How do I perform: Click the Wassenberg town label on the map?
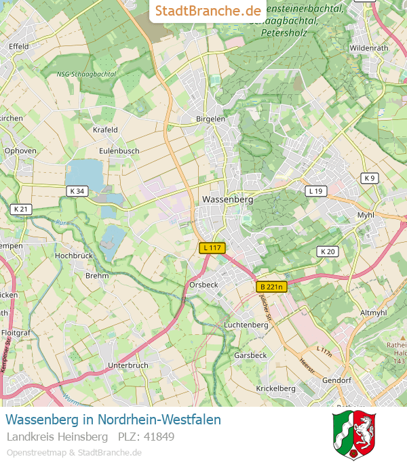tap(227, 200)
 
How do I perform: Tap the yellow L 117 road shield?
tap(212, 248)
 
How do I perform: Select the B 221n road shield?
tap(272, 287)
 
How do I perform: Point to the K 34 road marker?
tap(77, 191)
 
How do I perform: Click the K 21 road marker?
tap(21, 209)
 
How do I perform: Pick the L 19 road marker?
tap(315, 191)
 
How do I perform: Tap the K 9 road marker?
tap(368, 178)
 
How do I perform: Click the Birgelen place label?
tap(210, 119)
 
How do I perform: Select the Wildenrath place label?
tap(369, 48)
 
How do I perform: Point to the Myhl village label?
tap(366, 215)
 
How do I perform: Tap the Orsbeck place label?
tap(204, 285)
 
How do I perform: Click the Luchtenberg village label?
tap(246, 325)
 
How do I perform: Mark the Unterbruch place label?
tap(128, 365)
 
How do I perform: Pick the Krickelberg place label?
tap(275, 388)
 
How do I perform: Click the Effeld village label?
tap(18, 46)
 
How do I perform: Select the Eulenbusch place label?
tap(119, 150)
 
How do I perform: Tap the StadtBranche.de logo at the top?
tap(208, 11)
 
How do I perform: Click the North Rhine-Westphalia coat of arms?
tap(354, 435)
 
